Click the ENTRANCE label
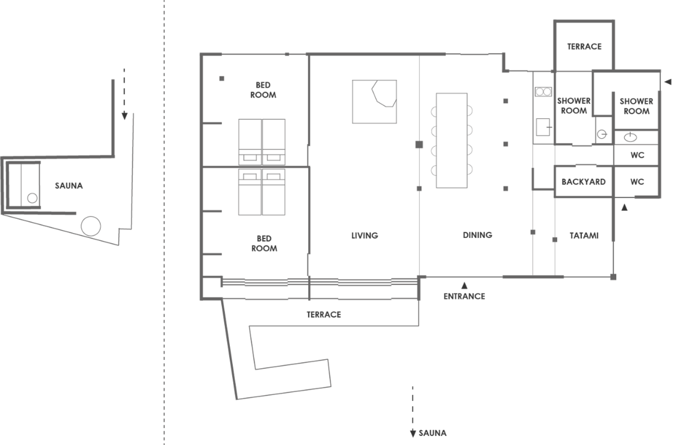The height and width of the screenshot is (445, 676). (x=464, y=296)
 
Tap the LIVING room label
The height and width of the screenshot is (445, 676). (x=364, y=236)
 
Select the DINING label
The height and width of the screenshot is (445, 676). (x=478, y=235)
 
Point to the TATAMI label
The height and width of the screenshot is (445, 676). (x=584, y=236)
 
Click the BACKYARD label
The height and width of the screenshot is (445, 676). (x=584, y=182)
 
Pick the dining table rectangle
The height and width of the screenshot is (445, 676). (x=452, y=140)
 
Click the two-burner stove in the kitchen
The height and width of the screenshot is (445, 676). (x=544, y=91)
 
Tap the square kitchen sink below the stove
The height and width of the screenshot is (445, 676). (x=543, y=127)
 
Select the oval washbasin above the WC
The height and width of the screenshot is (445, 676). (x=630, y=138)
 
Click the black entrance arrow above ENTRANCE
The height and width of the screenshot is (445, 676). (x=464, y=285)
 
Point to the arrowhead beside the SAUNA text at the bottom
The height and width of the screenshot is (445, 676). (x=413, y=434)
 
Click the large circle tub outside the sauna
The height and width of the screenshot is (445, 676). (x=91, y=226)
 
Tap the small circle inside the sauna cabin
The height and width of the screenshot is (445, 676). (x=32, y=198)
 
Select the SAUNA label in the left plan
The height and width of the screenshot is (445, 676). (x=69, y=186)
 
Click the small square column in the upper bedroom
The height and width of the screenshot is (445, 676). (x=222, y=78)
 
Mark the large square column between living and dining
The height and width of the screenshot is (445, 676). (x=419, y=145)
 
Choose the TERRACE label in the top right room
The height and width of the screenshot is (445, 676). (x=584, y=46)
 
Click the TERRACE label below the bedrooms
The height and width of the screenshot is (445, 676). (x=324, y=315)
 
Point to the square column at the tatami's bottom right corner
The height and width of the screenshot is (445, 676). (x=613, y=277)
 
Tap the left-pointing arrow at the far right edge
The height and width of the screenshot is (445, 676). (x=668, y=82)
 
